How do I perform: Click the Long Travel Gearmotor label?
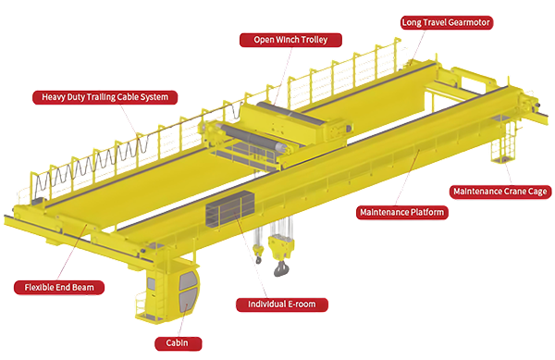point(447,22)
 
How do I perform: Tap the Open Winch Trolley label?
point(290,40)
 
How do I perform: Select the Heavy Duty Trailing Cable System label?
point(105,97)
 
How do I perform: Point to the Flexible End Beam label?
point(59,288)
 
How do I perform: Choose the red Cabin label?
point(178,343)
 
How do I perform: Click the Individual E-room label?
point(282,304)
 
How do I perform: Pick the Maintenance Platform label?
point(401,212)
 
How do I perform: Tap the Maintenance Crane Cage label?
point(500,192)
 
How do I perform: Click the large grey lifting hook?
point(281,267)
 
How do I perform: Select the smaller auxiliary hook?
point(258,259)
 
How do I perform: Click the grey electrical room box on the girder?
point(230,209)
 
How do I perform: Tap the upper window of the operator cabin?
point(188,280)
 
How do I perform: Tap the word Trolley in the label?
point(314,40)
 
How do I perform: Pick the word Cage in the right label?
point(537,192)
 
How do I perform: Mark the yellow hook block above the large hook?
point(281,247)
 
